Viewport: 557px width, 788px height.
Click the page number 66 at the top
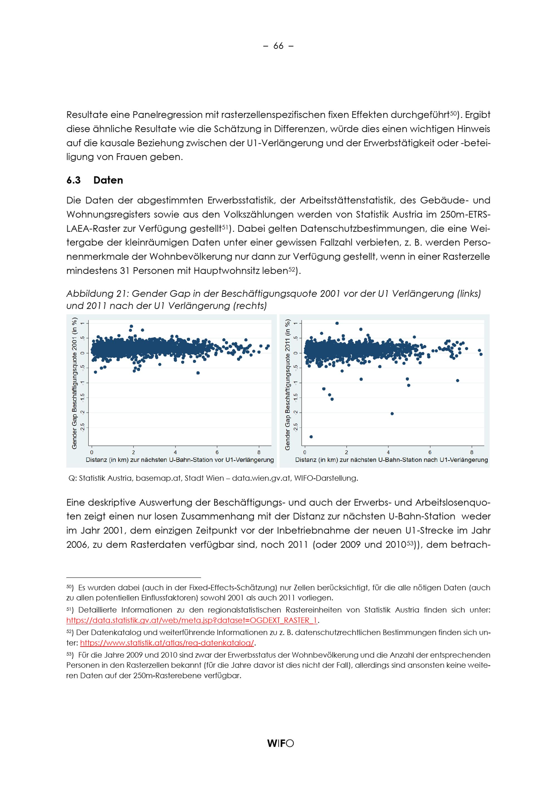[x=278, y=46]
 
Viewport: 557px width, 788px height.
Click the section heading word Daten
[x=108, y=180]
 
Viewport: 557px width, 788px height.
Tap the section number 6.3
[x=74, y=180]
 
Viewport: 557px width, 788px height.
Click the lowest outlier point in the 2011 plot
[x=311, y=437]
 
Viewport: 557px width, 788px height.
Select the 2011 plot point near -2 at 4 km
[x=392, y=414]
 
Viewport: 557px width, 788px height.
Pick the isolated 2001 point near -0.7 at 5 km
[x=198, y=373]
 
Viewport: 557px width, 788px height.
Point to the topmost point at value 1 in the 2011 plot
[x=337, y=323]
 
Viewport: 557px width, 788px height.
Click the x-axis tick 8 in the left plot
[x=259, y=452]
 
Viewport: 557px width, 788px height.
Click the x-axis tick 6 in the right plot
[x=430, y=452]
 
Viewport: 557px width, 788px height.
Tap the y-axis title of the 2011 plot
[x=287, y=385]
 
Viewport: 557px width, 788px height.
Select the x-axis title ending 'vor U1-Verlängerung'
[x=180, y=460]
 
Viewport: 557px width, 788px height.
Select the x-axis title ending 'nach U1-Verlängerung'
[x=391, y=460]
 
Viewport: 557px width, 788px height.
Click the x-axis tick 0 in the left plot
[x=92, y=452]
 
